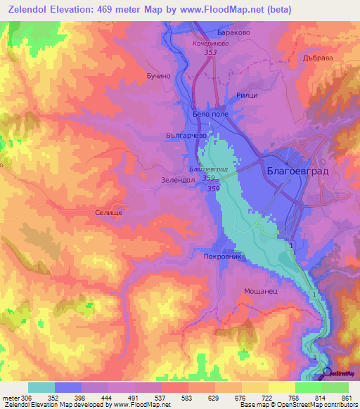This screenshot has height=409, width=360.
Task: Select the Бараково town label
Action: pos(231,32)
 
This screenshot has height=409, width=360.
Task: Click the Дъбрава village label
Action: pos(317,58)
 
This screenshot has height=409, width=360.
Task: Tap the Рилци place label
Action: pos(247,95)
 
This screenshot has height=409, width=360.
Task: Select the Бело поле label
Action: pos(210,113)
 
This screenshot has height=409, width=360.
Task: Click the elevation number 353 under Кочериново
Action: pos(209,52)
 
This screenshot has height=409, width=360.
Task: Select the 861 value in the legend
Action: pos(346,397)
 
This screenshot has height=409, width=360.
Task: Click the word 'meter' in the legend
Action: pos(11,397)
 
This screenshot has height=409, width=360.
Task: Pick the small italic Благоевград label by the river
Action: pos(209,169)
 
